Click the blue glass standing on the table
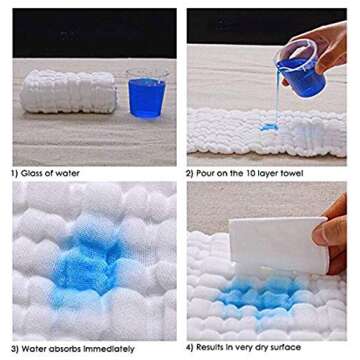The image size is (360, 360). point(147,93)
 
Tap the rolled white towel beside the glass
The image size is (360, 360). point(69,92)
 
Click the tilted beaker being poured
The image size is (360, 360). point(300,69)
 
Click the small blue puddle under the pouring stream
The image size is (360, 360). point(269,127)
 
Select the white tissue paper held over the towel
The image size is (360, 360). point(279,244)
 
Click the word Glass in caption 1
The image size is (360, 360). point(30,173)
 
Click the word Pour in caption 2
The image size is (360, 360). point(203,173)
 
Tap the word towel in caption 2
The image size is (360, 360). point(293,173)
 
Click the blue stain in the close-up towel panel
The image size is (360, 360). point(87,263)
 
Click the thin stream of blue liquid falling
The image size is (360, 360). point(277,97)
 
